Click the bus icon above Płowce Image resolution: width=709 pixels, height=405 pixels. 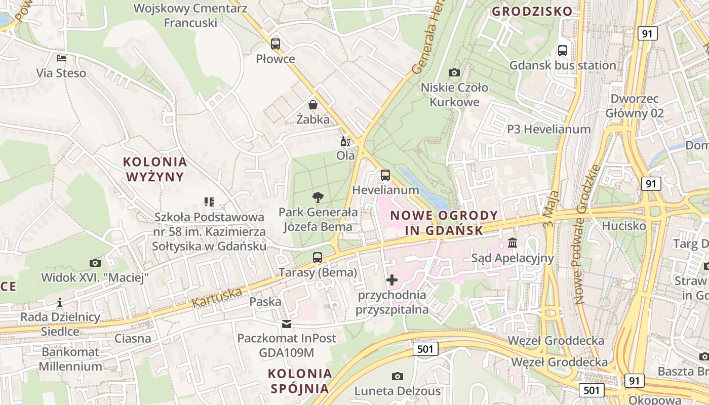point(275,44)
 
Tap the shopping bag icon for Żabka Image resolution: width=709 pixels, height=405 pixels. point(313,105)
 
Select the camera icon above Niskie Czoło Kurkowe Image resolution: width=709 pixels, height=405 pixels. point(454,72)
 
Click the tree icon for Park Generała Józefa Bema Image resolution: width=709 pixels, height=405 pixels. point(318,197)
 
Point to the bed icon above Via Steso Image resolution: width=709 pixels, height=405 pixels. point(61,58)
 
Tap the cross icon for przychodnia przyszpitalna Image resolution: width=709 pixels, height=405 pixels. point(392,279)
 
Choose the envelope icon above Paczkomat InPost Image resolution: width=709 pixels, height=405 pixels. point(287,323)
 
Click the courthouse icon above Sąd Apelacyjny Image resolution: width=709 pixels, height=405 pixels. point(513,243)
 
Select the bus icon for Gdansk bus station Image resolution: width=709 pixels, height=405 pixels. point(563,50)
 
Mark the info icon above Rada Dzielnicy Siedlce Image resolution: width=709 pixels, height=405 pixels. point(60,302)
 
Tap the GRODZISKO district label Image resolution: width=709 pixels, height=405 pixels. point(532,11)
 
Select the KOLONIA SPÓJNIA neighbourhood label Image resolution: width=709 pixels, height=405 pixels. point(300,381)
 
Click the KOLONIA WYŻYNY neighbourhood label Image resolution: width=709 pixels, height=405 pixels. point(155,169)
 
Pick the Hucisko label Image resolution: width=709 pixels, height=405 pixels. point(624,225)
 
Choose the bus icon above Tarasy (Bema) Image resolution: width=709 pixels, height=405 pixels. point(318,258)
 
